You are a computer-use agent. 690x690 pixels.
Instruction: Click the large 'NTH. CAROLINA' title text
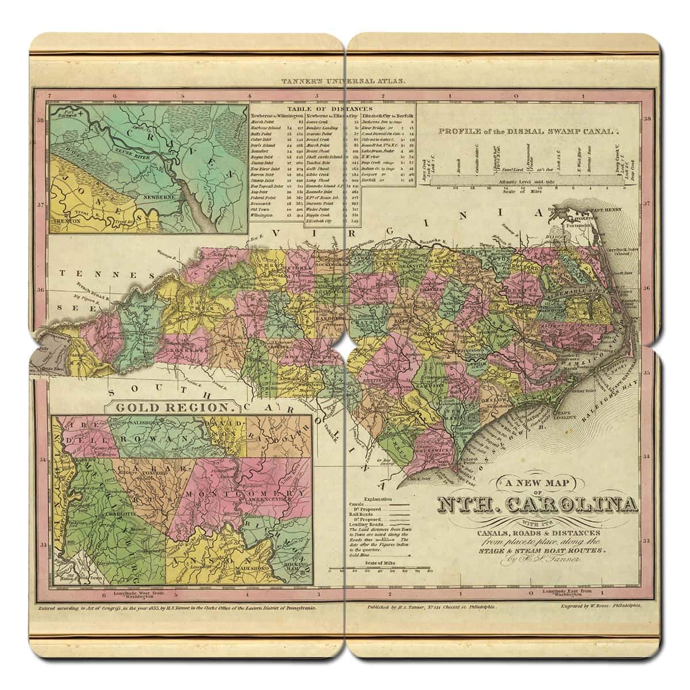(x=538, y=505)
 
